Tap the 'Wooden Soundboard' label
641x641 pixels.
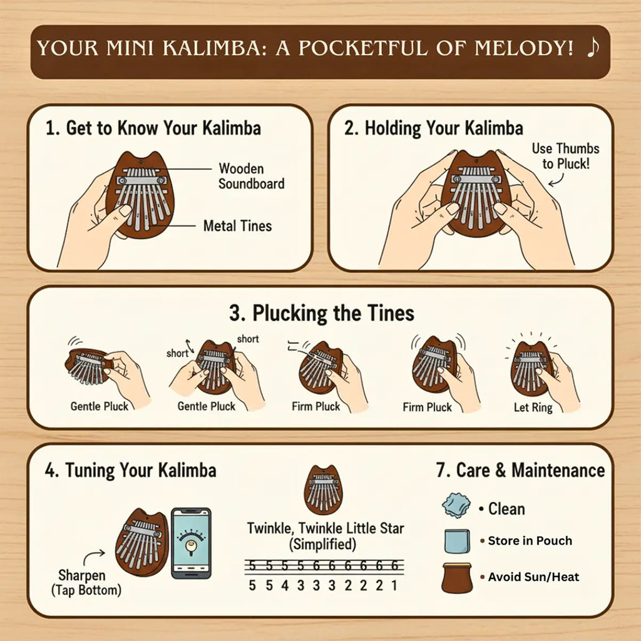[252, 176]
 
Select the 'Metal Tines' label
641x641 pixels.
[237, 225]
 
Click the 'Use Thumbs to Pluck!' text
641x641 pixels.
[565, 156]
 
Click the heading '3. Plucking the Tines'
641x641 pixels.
[322, 313]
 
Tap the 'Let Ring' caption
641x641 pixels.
[533, 407]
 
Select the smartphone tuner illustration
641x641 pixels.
[191, 543]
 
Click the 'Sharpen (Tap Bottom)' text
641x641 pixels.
[86, 583]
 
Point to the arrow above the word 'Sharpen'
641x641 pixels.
[94, 556]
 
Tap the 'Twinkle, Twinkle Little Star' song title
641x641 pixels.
[326, 528]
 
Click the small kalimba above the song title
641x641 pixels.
[324, 490]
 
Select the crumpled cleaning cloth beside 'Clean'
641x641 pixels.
[456, 505]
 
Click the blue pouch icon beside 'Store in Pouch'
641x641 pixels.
[457, 541]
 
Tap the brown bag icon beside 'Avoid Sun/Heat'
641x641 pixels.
[456, 578]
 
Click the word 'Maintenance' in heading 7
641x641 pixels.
[558, 470]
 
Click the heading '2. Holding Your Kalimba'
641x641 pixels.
[434, 128]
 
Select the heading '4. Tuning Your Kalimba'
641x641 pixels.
[130, 470]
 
